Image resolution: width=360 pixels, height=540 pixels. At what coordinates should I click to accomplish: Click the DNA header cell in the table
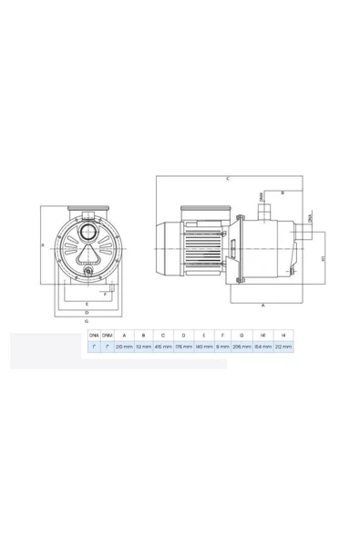93,336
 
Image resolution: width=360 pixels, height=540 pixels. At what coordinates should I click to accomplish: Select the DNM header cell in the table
108,336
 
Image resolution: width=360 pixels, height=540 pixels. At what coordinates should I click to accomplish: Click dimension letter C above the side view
228,177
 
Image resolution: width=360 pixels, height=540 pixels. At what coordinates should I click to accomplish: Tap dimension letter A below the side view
263,307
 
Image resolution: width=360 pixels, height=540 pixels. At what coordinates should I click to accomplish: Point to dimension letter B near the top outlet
283,193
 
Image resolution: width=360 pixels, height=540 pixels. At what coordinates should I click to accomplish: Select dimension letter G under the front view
86,322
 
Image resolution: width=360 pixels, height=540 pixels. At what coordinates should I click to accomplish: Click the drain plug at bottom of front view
87,271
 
